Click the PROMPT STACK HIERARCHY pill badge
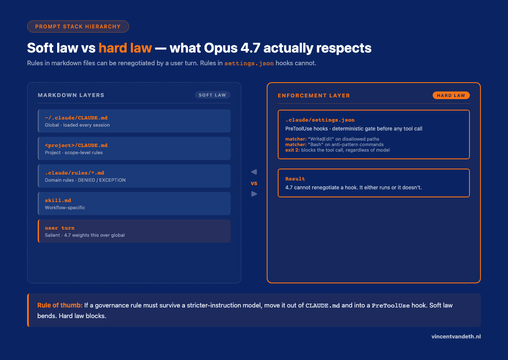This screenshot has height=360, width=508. (x=78, y=26)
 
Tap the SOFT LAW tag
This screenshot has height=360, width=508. (x=213, y=95)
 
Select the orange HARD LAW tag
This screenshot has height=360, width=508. (x=451, y=95)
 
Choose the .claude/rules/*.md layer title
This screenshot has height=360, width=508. (x=75, y=173)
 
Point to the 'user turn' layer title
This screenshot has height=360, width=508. (x=60, y=228)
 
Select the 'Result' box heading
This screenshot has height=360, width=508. (x=295, y=179)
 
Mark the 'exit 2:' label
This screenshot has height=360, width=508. (x=293, y=150)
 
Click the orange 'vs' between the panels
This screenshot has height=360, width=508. (x=254, y=183)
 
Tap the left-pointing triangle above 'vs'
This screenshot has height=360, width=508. (x=254, y=172)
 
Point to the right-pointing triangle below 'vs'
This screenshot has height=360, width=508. (x=254, y=194)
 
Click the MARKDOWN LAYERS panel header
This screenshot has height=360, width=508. (x=71, y=95)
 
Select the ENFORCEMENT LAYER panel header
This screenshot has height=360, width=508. (x=314, y=96)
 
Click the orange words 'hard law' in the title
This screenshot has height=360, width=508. (x=125, y=48)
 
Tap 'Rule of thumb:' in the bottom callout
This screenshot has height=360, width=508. (x=60, y=305)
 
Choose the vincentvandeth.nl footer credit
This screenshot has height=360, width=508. (x=456, y=337)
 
